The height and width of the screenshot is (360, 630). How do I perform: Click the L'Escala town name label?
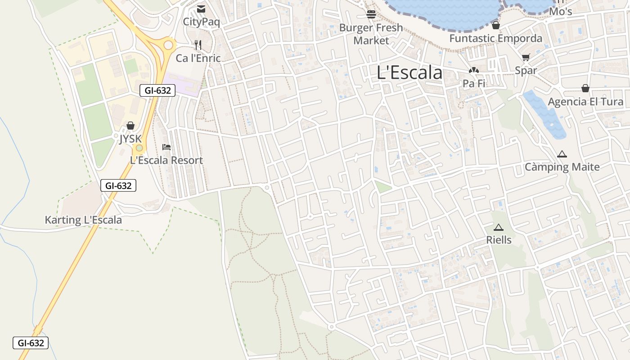409,72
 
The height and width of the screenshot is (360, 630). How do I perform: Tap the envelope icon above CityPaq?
201,9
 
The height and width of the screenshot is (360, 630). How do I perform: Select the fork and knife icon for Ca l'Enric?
198,45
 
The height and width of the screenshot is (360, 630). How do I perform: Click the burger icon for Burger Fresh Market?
371,14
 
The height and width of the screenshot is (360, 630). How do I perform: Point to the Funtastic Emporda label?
495,38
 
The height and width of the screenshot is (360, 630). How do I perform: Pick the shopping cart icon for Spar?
526,57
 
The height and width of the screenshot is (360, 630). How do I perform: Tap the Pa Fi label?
474,83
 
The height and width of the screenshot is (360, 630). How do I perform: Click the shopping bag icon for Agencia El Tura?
585,88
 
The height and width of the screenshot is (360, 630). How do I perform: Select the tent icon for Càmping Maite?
562,154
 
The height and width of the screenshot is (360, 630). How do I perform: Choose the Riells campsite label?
499,240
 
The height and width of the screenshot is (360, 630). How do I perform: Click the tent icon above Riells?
498,227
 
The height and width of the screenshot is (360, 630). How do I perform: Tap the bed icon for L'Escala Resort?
166,147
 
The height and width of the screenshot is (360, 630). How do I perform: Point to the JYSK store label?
130,139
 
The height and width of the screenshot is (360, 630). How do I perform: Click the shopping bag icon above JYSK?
130,126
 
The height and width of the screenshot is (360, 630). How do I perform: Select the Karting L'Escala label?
83,220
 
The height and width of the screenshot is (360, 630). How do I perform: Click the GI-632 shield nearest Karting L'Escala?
118,185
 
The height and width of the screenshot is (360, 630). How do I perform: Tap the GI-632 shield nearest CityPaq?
157,90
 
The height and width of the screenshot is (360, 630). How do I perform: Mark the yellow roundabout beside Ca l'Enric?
169,45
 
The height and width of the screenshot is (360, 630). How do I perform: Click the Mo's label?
561,11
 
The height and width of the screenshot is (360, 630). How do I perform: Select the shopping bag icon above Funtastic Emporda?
495,25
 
